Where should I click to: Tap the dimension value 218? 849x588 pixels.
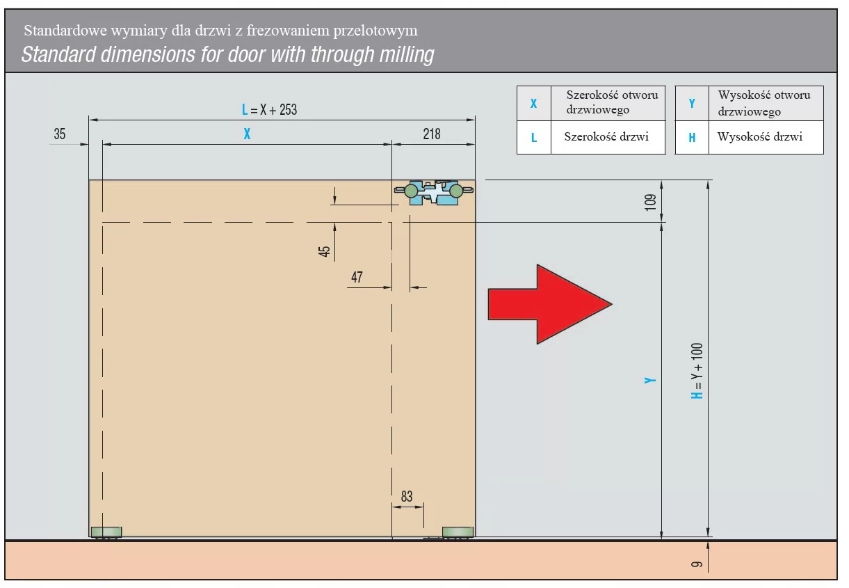pos(432,134)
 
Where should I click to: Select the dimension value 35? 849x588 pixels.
pos(60,134)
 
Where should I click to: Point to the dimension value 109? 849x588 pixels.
pos(650,202)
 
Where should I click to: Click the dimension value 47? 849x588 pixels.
pos(357,277)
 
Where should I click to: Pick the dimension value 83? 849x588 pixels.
pos(407,496)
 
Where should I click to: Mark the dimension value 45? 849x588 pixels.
pos(325,251)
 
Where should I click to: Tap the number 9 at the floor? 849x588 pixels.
pos(697,564)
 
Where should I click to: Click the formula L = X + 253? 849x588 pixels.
pos(270,110)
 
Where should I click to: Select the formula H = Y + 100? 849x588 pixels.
pos(697,371)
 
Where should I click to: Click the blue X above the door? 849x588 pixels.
pos(247,134)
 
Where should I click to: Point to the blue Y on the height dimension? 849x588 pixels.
pos(650,380)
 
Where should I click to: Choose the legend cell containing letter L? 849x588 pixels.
pos(534,137)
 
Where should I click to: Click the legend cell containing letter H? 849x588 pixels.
pos(692,137)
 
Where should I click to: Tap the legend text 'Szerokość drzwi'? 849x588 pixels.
pos(606,136)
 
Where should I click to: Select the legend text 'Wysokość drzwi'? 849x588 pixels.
pos(759,136)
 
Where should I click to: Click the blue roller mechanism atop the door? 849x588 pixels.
pos(434,192)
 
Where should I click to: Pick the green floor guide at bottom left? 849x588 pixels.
pos(106,532)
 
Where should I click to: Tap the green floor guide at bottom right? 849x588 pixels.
pos(458,532)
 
